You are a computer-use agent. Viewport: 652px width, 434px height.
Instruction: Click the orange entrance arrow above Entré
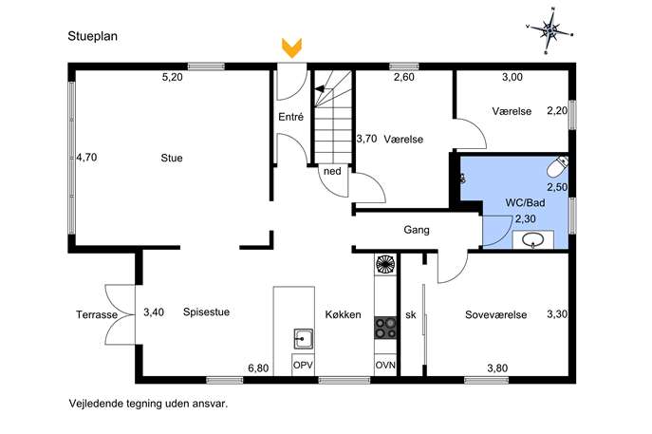point(291,47)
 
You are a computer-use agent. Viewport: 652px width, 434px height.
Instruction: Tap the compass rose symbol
point(550,30)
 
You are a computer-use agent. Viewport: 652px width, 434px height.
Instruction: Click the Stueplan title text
point(93,36)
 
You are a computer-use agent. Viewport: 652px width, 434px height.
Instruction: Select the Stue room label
point(172,159)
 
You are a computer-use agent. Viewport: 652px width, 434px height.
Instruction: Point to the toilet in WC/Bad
point(557,167)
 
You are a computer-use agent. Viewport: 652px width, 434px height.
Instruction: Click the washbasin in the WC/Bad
point(533,240)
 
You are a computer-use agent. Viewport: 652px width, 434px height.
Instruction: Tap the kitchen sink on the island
point(304,339)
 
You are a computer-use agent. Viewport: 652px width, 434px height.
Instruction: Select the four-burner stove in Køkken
point(385,328)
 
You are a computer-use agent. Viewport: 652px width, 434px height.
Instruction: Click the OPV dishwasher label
point(303,366)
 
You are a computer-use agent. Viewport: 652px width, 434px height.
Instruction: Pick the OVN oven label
point(385,366)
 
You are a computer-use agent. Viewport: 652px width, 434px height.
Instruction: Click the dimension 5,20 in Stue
point(172,77)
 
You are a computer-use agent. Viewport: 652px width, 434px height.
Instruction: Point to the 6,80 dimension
point(258,368)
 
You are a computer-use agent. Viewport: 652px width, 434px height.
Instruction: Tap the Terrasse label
point(97,315)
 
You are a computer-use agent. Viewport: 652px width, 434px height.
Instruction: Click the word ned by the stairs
point(332,172)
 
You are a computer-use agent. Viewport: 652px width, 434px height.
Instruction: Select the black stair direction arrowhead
point(319,88)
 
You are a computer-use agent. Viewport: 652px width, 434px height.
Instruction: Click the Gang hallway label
point(417,230)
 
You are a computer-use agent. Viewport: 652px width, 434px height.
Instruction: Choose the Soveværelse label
point(496,315)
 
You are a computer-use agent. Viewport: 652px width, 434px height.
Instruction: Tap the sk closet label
point(410,315)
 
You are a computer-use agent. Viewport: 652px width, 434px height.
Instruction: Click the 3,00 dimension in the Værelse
point(512,77)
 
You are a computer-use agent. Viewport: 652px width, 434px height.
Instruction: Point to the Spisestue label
point(206,312)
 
